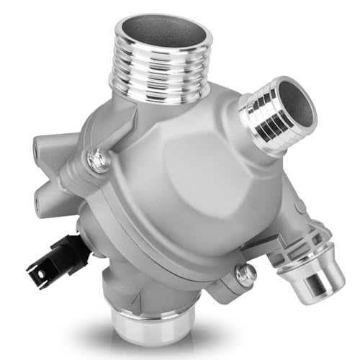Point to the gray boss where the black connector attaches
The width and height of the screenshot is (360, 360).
[x=84, y=230]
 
